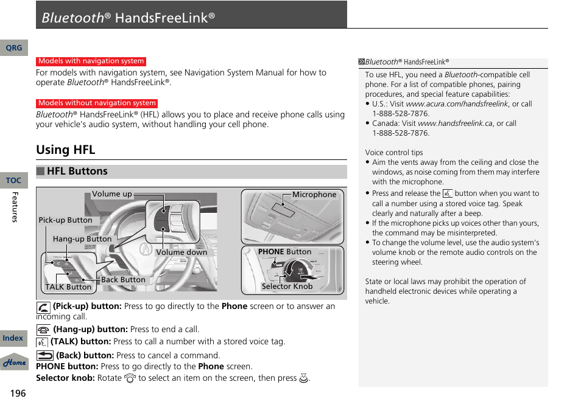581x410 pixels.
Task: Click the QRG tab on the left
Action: pos(13,48)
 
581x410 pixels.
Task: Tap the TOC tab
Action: pos(13,181)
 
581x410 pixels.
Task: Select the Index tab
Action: pos(13,338)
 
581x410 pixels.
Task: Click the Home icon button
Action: pos(14,363)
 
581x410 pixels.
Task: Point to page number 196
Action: pos(18,394)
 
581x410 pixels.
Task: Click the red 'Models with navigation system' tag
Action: pos(91,61)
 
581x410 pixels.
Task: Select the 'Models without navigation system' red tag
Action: pos(97,103)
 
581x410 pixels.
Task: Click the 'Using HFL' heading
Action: pos(66,150)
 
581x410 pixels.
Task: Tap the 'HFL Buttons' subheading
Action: pos(77,172)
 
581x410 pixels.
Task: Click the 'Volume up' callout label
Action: pos(112,195)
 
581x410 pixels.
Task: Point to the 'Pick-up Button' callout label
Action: pos(65,220)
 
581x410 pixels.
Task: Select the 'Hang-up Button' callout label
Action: pos(82,239)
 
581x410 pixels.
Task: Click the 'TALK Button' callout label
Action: pos(68,287)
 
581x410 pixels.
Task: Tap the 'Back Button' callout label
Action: pos(123,280)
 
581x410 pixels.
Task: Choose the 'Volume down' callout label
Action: pos(181,252)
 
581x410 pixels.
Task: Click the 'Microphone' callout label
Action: pos(314,195)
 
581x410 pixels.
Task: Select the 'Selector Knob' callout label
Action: pos(287,287)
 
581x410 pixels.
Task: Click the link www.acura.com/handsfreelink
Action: pos(457,104)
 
